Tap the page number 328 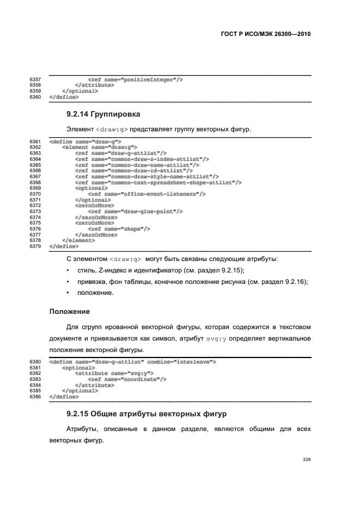tap(307, 460)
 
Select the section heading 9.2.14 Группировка tap(103, 114)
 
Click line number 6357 tap(35, 80)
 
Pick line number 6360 tap(35, 97)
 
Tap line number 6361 tap(35, 142)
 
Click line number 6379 tap(35, 246)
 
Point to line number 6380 tap(35, 361)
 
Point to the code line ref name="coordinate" tap(127, 379)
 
